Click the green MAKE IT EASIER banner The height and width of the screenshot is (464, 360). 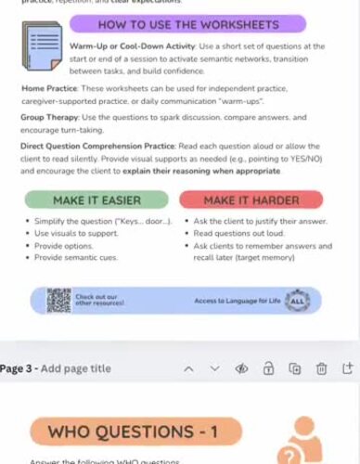click(x=96, y=200)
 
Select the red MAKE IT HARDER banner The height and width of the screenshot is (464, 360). click(x=251, y=200)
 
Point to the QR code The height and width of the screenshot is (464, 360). click(x=58, y=299)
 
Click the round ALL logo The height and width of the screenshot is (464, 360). click(x=297, y=300)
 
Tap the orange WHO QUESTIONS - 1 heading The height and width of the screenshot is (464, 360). click(x=135, y=432)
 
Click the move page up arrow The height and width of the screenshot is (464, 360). click(x=188, y=368)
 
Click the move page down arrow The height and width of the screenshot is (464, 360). click(x=214, y=368)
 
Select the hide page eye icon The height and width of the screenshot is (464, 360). click(x=241, y=368)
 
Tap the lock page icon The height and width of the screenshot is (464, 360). click(x=268, y=368)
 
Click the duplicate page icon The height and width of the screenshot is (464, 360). click(x=295, y=368)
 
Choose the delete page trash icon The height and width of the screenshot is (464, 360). click(x=321, y=368)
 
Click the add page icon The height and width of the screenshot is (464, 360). click(x=348, y=368)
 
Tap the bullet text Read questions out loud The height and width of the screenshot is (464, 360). click(x=238, y=235)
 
